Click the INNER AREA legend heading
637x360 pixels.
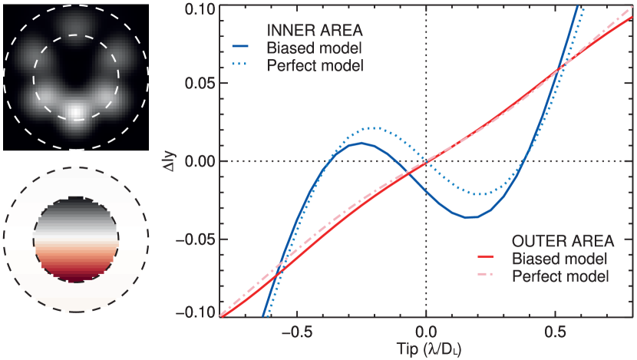(x=314, y=31)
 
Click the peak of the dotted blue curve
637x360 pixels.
(x=371, y=127)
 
